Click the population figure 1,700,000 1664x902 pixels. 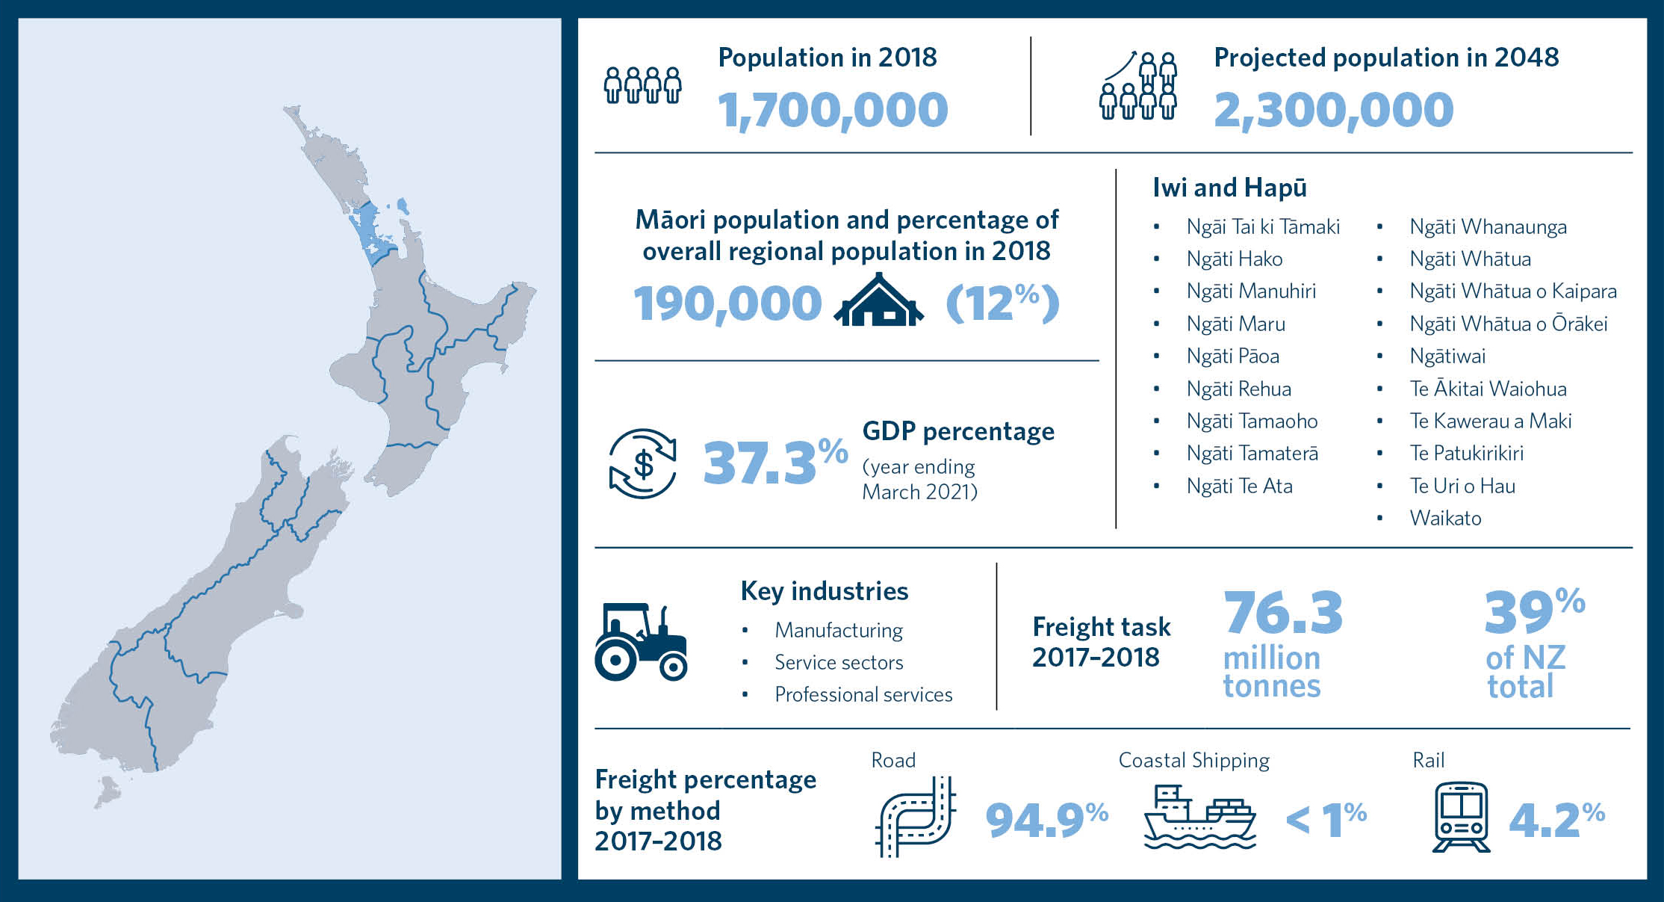click(x=833, y=110)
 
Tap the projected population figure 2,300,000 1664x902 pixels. click(x=1333, y=110)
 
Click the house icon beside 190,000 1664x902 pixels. click(x=879, y=301)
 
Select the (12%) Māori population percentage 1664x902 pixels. click(x=1002, y=303)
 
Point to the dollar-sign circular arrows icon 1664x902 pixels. click(x=642, y=463)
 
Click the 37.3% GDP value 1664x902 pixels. click(x=774, y=462)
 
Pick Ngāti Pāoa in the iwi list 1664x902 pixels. click(x=1232, y=356)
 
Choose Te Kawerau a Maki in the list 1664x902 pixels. click(x=1490, y=421)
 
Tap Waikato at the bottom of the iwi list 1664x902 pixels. click(x=1445, y=518)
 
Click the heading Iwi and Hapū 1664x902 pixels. click(x=1229, y=188)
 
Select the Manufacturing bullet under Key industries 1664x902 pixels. click(x=838, y=630)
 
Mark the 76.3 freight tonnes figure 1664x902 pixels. click(x=1282, y=613)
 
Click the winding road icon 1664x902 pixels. click(x=916, y=816)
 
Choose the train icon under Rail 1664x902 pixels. click(x=1461, y=817)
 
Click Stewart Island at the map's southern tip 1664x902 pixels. click(x=108, y=792)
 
